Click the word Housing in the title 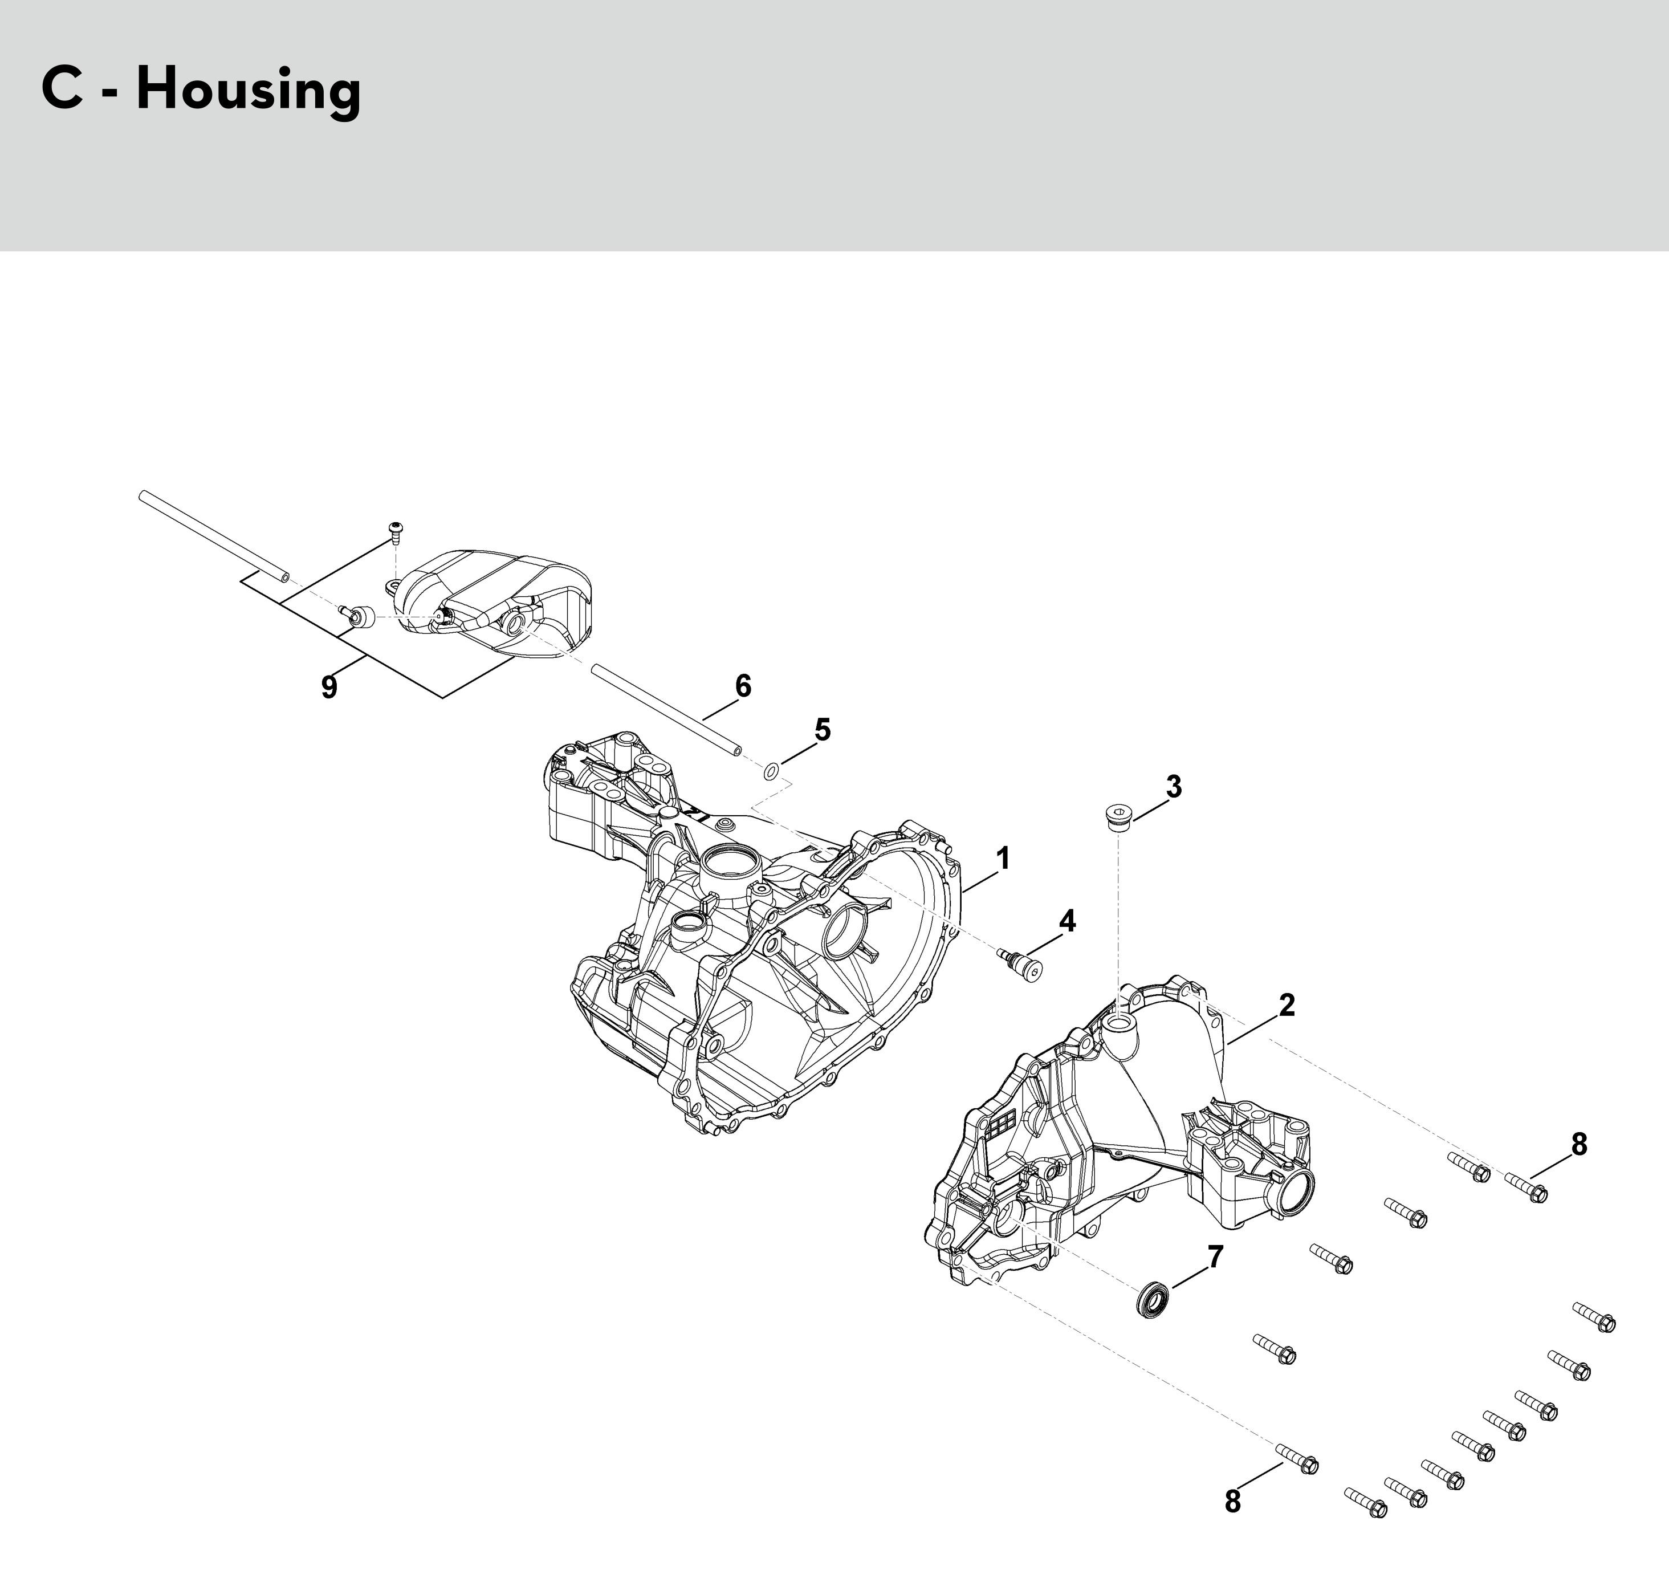pyautogui.click(x=249, y=91)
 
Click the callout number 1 pyautogui.click(x=1002, y=859)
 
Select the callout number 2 pyautogui.click(x=1287, y=1004)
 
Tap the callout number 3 pyautogui.click(x=1174, y=787)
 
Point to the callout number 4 pyautogui.click(x=1066, y=921)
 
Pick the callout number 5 pyautogui.click(x=822, y=729)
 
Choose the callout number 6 pyautogui.click(x=743, y=686)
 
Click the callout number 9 pyautogui.click(x=329, y=687)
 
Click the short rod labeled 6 pyautogui.click(x=666, y=710)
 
